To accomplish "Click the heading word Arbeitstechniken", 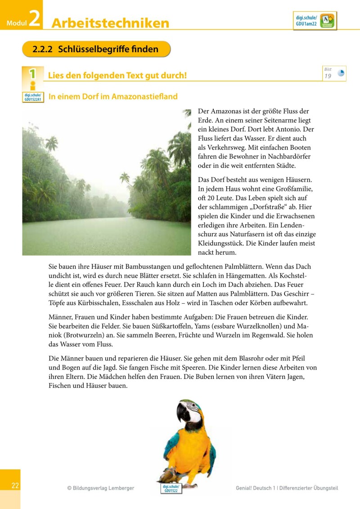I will pos(110,23).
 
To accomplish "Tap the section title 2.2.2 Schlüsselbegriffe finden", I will pos(96,49).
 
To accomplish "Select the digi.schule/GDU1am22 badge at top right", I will pos(315,21).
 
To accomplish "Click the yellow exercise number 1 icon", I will pos(32,75).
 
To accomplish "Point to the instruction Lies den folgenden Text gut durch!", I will pos(117,75).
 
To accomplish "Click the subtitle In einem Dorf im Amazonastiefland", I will pos(113,96).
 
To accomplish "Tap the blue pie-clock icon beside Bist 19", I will pos(341,73).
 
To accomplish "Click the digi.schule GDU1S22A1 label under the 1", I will pos(33,97).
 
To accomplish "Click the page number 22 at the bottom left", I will pos(15,486).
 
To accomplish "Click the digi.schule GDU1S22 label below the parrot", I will pos(171,489).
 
